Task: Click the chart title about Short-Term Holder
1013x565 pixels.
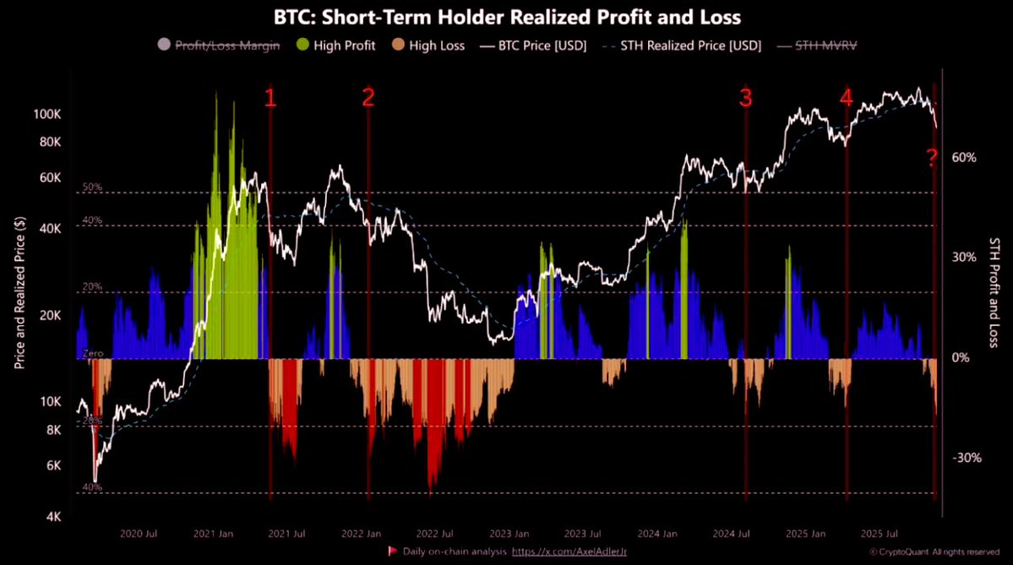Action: (506, 16)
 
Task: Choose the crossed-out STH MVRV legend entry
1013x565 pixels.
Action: (819, 46)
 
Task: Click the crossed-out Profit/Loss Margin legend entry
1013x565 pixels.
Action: (220, 46)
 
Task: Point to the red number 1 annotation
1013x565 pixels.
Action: (270, 98)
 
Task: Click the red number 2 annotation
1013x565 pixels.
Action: (368, 98)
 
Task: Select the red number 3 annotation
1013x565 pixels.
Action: (745, 98)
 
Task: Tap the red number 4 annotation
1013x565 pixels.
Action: (846, 98)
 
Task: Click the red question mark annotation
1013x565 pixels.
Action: (932, 157)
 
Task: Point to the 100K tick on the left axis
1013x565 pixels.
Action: (46, 114)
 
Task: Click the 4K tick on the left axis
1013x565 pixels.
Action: (52, 517)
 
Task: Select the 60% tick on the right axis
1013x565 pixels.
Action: (965, 158)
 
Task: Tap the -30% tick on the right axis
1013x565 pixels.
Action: (967, 458)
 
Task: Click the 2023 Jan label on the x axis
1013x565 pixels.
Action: (509, 534)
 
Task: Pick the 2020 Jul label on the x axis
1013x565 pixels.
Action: (139, 534)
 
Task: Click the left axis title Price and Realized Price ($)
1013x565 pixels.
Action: (19, 291)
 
